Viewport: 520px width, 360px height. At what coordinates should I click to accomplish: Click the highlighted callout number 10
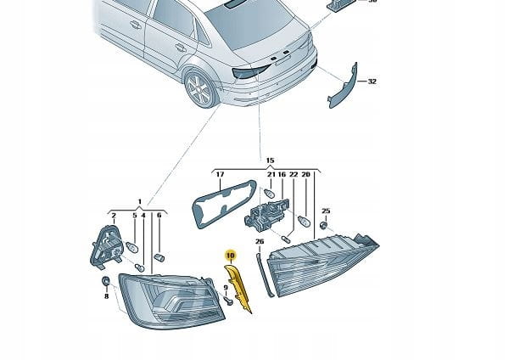pos(229,254)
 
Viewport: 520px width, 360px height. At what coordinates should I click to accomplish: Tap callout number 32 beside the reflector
pos(372,82)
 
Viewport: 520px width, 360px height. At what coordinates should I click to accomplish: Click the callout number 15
pos(271,160)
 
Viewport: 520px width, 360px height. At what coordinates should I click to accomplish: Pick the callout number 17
pos(219,176)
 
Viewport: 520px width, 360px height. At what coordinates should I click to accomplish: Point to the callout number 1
pos(141,202)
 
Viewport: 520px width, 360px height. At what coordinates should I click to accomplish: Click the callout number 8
pos(107,296)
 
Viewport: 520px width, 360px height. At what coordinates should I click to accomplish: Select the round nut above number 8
pos(106,280)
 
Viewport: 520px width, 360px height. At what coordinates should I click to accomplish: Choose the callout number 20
pos(305,176)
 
